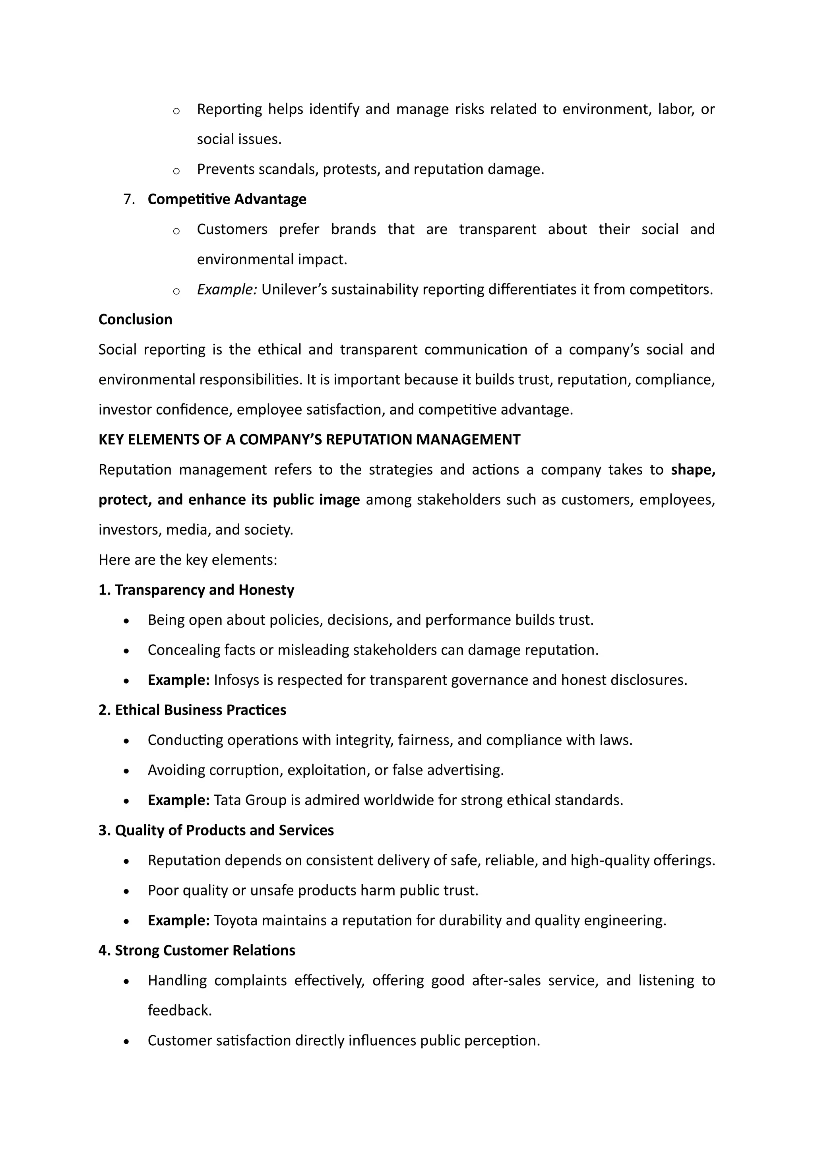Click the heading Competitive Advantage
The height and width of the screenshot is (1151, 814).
[x=227, y=199]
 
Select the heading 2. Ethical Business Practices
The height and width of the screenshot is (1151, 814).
[x=192, y=710]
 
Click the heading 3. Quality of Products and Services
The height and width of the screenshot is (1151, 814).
[x=216, y=830]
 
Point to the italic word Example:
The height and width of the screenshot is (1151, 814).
[x=227, y=289]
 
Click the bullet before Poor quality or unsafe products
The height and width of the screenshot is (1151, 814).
[x=126, y=891]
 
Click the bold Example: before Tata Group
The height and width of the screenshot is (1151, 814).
[x=178, y=800]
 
